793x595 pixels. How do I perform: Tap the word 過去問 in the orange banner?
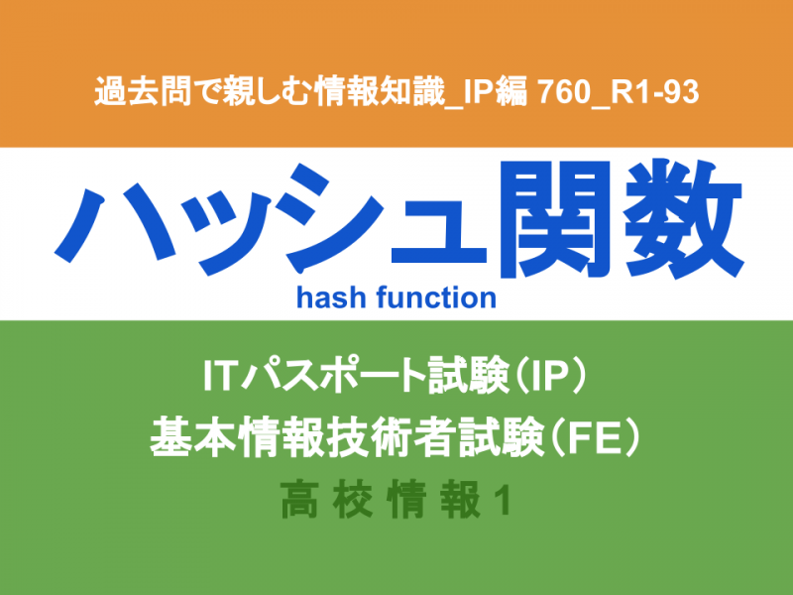[x=143, y=91]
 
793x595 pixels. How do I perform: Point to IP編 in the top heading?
[x=495, y=91]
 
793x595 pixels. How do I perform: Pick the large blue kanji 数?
[x=684, y=218]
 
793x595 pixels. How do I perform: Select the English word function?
[x=436, y=297]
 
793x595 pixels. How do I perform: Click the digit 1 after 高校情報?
[x=503, y=501]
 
